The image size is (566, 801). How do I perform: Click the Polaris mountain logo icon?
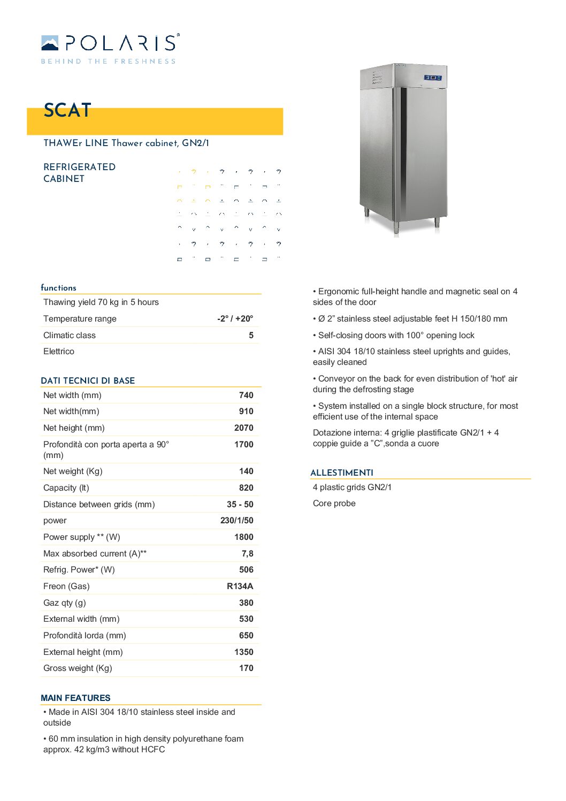click(50, 43)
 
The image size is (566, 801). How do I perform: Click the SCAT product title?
click(67, 110)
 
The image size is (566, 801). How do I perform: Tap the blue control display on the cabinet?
click(433, 78)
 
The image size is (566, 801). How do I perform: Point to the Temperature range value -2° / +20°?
click(235, 318)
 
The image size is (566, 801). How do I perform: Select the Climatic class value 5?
click(251, 335)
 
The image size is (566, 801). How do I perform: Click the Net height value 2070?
click(243, 428)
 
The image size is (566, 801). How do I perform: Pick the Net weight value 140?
click(246, 471)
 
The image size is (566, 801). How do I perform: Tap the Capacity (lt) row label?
click(66, 487)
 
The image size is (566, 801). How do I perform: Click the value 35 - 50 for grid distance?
click(240, 504)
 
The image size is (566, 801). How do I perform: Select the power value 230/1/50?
click(236, 520)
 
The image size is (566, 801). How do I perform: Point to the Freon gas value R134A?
click(240, 586)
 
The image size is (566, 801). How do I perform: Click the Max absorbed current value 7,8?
click(247, 553)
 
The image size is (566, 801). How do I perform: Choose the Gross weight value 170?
click(246, 668)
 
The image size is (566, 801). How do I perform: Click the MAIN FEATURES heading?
click(75, 698)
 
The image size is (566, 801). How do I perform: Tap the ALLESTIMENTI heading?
click(342, 472)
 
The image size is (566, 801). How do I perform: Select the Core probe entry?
click(334, 503)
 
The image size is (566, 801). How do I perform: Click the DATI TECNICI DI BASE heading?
click(88, 380)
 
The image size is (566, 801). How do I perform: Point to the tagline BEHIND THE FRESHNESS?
click(108, 62)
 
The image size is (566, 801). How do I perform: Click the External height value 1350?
click(243, 652)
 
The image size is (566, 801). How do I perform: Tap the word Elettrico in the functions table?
click(59, 351)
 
